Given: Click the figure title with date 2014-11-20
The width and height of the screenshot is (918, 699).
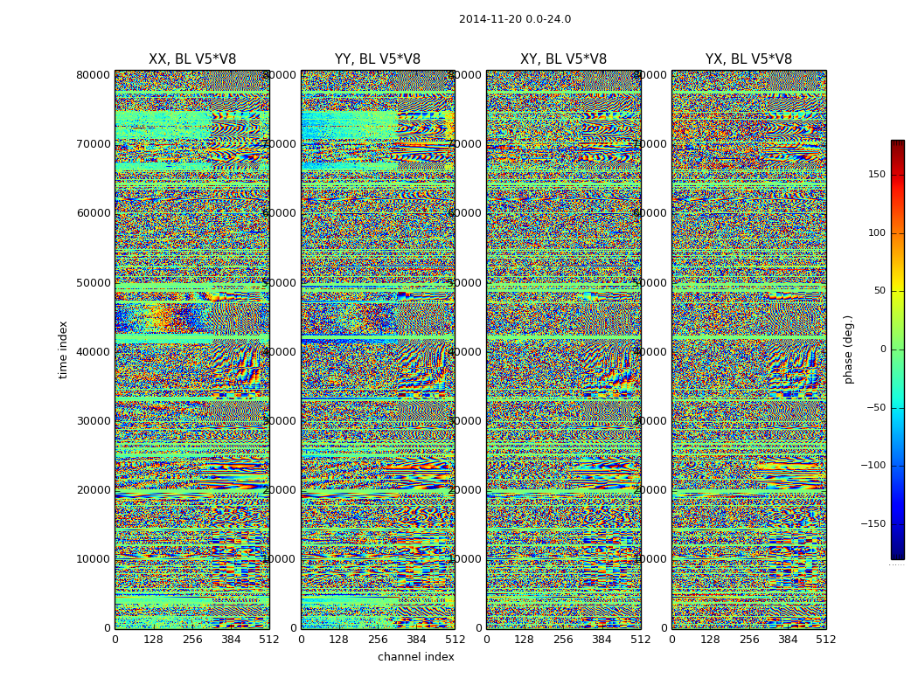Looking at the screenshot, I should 514,19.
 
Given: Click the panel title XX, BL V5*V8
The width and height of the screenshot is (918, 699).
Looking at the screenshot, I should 191,59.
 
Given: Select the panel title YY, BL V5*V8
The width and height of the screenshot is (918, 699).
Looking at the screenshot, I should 377,59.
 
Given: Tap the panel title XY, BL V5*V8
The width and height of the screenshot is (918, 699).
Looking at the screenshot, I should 563,59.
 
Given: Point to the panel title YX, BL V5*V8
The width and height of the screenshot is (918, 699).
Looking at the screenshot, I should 748,59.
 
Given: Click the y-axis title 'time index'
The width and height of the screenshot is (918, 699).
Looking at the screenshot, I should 63,349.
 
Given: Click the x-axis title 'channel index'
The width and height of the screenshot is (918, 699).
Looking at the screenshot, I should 415,657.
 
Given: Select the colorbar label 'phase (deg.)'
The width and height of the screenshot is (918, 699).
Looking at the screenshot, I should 848,349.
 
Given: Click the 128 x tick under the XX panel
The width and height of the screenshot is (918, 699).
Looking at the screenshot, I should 153,640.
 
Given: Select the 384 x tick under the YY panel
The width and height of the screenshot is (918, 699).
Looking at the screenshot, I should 416,640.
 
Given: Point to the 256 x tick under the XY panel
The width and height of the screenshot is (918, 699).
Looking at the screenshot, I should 563,640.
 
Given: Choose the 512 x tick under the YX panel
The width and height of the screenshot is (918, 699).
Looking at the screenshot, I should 825,640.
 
